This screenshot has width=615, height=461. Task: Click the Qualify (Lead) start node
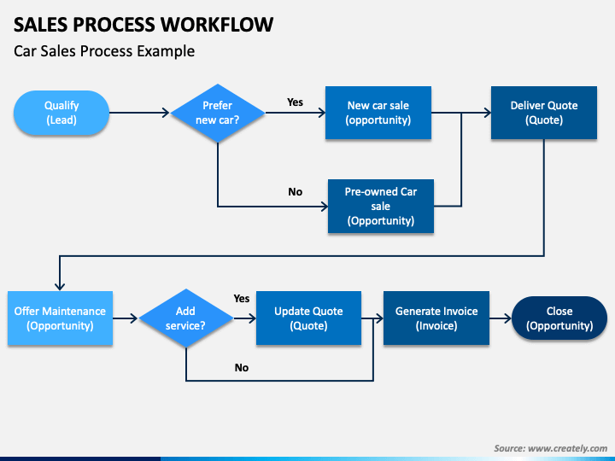click(x=61, y=113)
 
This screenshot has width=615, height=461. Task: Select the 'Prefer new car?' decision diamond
click(x=218, y=113)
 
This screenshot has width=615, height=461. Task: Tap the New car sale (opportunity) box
click(x=378, y=113)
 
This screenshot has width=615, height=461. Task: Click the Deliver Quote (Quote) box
click(x=544, y=113)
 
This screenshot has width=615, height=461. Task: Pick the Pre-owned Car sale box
click(x=381, y=207)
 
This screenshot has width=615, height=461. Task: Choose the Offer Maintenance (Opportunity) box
click(x=60, y=318)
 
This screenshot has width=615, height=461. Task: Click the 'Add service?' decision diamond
click(x=186, y=318)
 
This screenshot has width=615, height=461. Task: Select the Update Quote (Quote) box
click(x=308, y=318)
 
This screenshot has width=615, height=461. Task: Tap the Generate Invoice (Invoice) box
click(x=436, y=318)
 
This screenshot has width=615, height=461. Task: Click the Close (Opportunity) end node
click(x=559, y=318)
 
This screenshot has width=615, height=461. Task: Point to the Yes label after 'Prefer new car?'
click(x=295, y=102)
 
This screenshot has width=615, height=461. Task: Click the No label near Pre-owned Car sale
click(x=296, y=192)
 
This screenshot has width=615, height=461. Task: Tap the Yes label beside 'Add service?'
click(x=242, y=299)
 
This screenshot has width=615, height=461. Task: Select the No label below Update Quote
click(x=242, y=368)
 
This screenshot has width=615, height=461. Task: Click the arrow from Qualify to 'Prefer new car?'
click(x=139, y=113)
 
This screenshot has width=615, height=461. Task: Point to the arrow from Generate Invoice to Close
click(x=501, y=318)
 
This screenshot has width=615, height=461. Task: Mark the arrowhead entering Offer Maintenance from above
click(x=60, y=285)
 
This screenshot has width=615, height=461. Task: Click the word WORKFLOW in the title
click(x=217, y=24)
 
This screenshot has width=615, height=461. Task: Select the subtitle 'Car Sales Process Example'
click(x=104, y=51)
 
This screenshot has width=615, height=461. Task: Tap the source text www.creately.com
click(x=567, y=448)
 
